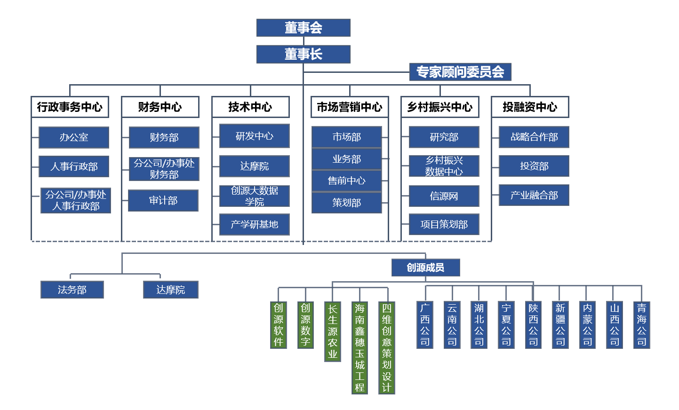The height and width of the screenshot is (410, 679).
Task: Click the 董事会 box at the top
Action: pos(303,28)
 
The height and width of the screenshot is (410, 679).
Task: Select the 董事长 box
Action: pos(303,54)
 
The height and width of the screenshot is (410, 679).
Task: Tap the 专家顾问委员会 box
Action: pos(460,72)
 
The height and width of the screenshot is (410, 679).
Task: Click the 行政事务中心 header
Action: pos(70,107)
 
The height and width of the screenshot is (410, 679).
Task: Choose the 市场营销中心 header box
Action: pos(349,107)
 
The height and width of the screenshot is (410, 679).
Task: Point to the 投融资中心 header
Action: pos(529,107)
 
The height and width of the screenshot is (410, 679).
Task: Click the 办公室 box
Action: pos(74,137)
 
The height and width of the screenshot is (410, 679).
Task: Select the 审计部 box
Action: pos(163,201)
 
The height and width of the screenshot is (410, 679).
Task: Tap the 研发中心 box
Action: pos(254,136)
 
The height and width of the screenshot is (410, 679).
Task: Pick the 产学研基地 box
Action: pos(254,225)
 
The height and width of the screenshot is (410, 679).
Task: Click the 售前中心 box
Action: pos(346,181)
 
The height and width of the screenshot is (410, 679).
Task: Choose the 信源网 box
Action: pos(444,196)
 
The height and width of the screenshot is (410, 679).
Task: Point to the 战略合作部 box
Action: pos(534,137)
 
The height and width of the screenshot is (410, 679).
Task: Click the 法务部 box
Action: pos(72,290)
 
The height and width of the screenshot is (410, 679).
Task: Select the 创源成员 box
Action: pos(425,268)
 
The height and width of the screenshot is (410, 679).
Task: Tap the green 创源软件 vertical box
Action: pos(279,325)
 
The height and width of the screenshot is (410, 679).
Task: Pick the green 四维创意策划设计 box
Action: pos(387,347)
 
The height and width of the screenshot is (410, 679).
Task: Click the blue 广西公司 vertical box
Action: pos(425,325)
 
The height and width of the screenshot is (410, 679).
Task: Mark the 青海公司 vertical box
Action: pos(641,325)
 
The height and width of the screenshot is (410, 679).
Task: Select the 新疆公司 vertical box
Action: pos(560,325)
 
